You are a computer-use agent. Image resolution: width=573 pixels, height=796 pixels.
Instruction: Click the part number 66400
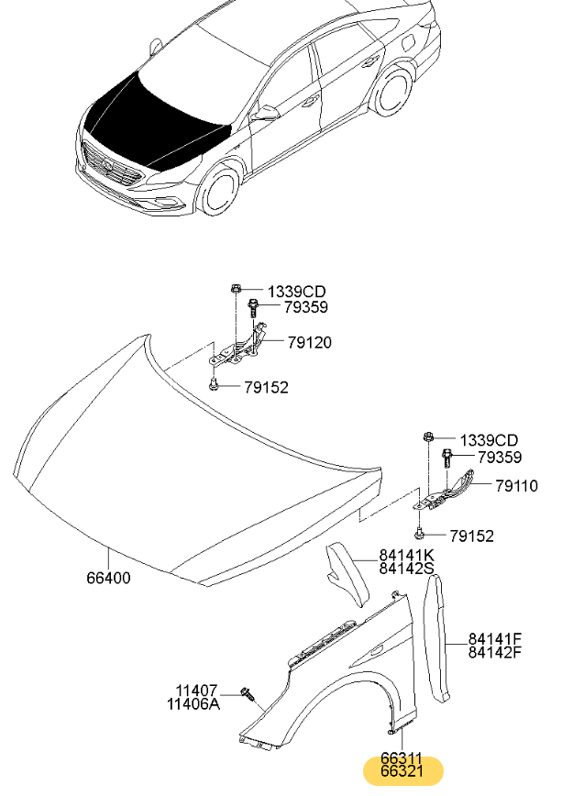point(108,579)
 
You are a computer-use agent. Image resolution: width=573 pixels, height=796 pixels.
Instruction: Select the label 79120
point(309,343)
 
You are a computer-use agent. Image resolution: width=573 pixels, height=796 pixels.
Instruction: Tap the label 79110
point(516,486)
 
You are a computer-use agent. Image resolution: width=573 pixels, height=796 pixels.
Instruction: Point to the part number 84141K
point(406,556)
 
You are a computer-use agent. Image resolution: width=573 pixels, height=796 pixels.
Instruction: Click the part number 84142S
point(406,569)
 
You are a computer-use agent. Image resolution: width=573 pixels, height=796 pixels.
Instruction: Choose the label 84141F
point(495,639)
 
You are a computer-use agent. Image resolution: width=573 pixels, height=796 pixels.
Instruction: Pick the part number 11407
point(196,691)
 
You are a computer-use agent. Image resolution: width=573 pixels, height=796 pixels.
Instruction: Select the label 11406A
point(193,704)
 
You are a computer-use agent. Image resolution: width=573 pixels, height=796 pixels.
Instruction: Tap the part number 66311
point(402,760)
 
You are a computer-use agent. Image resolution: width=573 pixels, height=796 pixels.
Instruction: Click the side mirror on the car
point(267,113)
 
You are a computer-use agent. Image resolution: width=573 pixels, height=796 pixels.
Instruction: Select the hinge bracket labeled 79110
point(449,490)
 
